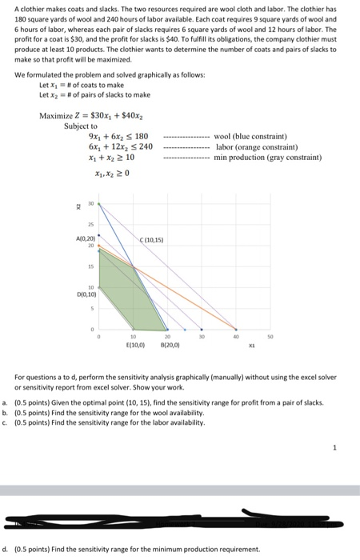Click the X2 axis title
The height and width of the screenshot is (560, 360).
tap(78, 206)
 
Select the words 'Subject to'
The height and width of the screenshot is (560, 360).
tap(81, 126)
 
